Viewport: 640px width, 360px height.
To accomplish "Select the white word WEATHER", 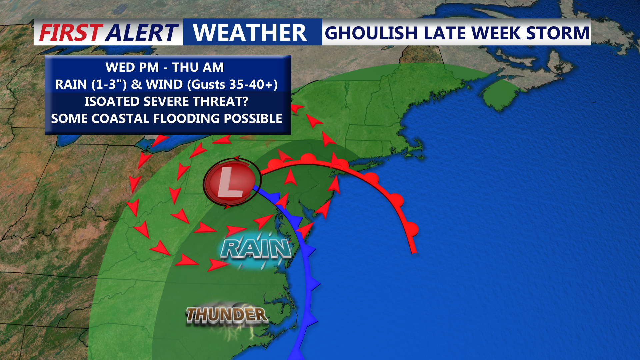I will (250, 33).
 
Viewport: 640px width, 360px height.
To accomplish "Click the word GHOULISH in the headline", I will (371, 33).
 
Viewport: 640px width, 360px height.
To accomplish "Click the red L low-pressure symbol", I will (230, 182).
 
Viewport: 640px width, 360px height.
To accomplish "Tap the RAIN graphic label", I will (256, 249).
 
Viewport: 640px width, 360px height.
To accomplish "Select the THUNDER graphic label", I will (227, 315).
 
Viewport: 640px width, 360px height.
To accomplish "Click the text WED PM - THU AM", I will (165, 67).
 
